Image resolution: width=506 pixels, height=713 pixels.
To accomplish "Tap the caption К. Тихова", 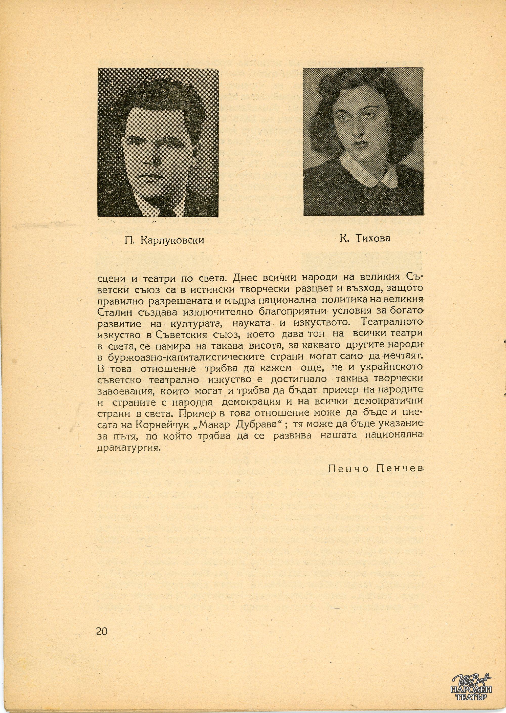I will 365,239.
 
